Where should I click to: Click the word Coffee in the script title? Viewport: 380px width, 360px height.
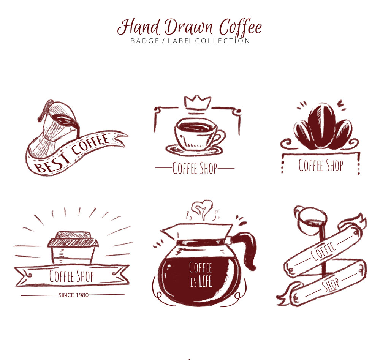pyautogui.click(x=241, y=27)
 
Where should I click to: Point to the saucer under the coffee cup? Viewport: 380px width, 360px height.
pyautogui.click(x=194, y=150)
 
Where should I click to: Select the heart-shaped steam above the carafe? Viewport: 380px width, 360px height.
pyautogui.click(x=202, y=209)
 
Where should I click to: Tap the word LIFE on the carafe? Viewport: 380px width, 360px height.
pyautogui.click(x=205, y=282)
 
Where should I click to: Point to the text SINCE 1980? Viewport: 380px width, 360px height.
pyautogui.click(x=73, y=295)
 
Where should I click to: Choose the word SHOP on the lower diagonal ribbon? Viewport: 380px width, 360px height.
pyautogui.click(x=331, y=285)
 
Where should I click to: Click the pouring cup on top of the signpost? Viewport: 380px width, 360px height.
pyautogui.click(x=310, y=221)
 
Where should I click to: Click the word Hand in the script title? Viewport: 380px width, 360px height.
pyautogui.click(x=139, y=27)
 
